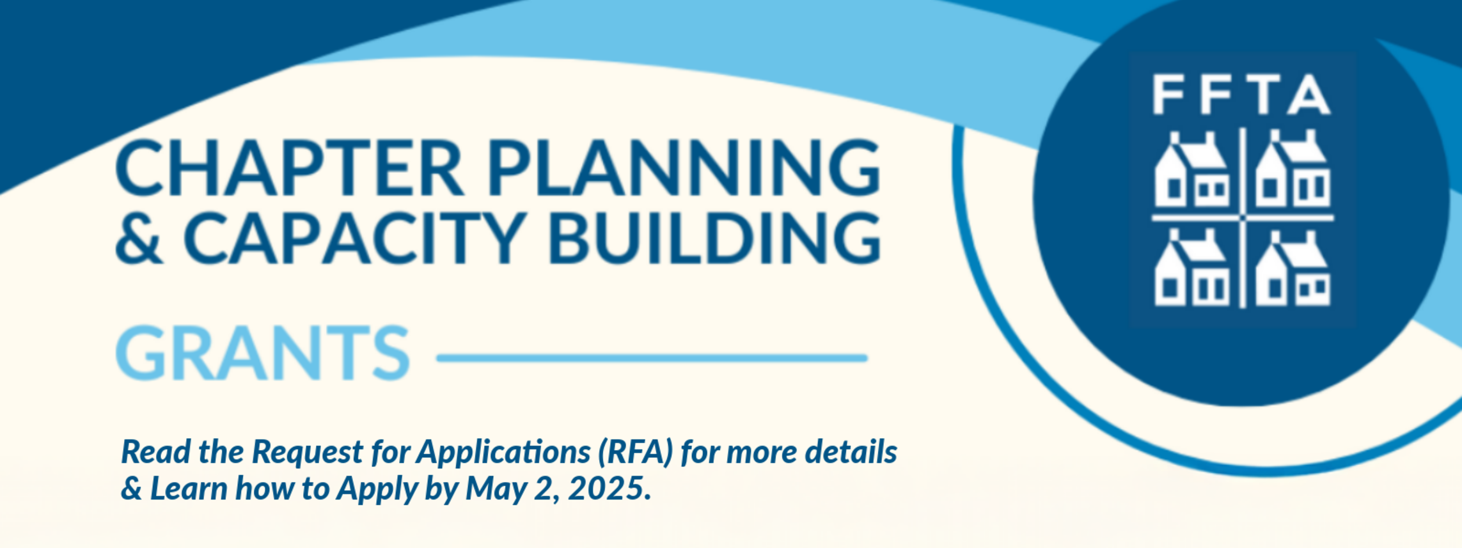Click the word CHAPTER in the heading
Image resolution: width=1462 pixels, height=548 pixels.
click(x=289, y=168)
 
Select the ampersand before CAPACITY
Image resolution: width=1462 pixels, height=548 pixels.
click(x=139, y=238)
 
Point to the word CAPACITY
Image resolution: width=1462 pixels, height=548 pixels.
click(x=355, y=238)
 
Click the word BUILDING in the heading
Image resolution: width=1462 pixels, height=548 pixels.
click(x=714, y=238)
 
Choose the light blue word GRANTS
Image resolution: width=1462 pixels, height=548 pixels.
click(x=262, y=352)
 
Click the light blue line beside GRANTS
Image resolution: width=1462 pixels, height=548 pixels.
click(x=652, y=358)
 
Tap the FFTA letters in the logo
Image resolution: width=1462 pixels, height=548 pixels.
click(x=1241, y=94)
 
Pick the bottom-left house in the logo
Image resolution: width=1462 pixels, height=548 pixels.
click(x=1191, y=268)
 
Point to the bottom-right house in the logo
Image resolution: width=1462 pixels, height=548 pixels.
click(x=1293, y=268)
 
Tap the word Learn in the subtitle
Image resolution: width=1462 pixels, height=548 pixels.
click(x=189, y=489)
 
